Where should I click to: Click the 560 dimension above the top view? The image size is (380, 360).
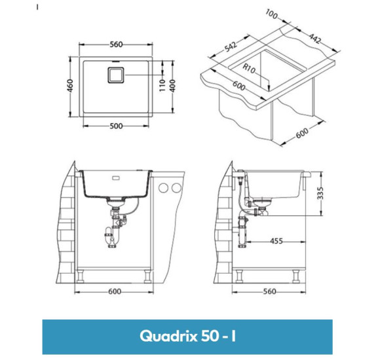(117, 45)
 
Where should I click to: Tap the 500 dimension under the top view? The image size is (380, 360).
(117, 126)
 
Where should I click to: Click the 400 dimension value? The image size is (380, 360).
(174, 85)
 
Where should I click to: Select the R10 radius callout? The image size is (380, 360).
(248, 68)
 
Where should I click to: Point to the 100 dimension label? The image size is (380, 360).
(273, 15)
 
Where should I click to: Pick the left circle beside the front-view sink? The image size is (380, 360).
(164, 189)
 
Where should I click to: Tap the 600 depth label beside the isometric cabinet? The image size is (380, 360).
(303, 132)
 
